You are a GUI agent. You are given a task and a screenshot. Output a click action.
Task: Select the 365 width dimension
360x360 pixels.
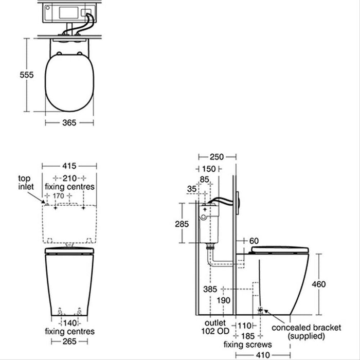[x=69, y=123]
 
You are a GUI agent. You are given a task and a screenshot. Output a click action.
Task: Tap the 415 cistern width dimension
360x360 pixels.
[x=69, y=166]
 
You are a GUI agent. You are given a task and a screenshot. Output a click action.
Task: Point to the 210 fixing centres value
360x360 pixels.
[x=69, y=178]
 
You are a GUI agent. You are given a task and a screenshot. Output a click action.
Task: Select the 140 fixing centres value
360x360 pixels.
[x=69, y=322]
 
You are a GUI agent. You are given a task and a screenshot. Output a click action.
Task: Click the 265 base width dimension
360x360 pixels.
[x=69, y=341]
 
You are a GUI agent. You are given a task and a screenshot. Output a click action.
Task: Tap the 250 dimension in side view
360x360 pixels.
[x=217, y=157]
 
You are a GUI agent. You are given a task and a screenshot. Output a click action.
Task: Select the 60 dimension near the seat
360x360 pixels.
[x=254, y=241]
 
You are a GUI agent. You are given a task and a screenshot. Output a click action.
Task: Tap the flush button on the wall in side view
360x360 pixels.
[x=239, y=202]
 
